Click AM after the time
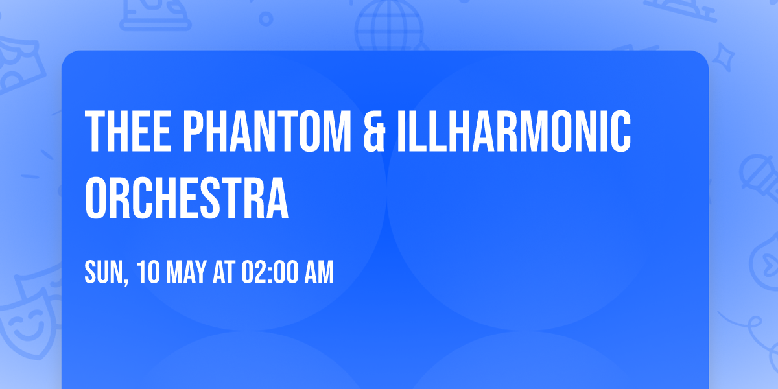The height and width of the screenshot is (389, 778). point(319,273)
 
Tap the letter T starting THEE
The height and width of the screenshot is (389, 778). point(95,132)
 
